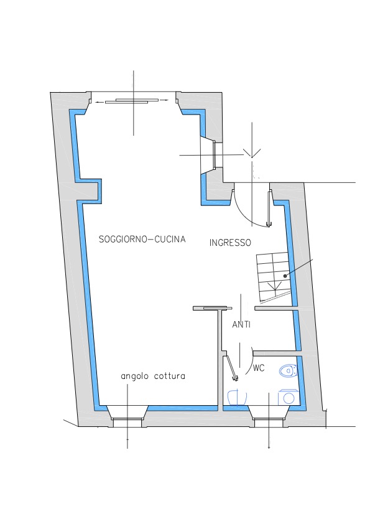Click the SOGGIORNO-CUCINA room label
[142, 239]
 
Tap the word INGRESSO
[230, 243]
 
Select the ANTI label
[241, 324]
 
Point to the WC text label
[259, 368]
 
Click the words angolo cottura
[153, 377]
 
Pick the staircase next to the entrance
[273, 277]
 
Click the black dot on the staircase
[285, 276]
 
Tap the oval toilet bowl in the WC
[287, 371]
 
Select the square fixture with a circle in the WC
[287, 397]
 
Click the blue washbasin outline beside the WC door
[237, 397]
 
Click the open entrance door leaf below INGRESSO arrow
[269, 208]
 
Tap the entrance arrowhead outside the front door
[252, 153]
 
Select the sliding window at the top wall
[132, 101]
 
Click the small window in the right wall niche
[215, 155]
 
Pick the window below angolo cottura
[127, 423]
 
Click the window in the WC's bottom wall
[269, 423]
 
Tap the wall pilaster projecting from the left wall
[89, 192]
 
